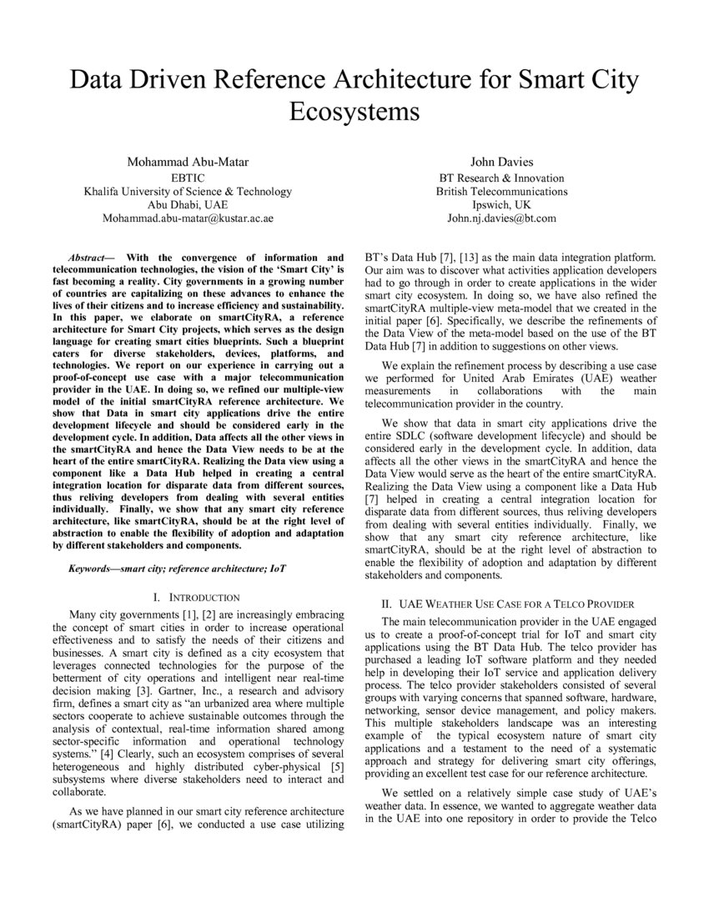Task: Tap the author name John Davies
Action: point(501,161)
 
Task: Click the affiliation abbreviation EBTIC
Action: point(188,178)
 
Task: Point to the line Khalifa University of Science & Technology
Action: point(188,191)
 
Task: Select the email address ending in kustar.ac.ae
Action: point(188,218)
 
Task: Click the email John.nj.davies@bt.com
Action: point(501,218)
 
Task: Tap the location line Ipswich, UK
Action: point(501,204)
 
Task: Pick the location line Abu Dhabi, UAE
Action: point(188,204)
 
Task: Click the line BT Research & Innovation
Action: point(501,178)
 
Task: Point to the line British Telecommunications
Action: point(501,191)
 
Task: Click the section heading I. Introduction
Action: point(197,598)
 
